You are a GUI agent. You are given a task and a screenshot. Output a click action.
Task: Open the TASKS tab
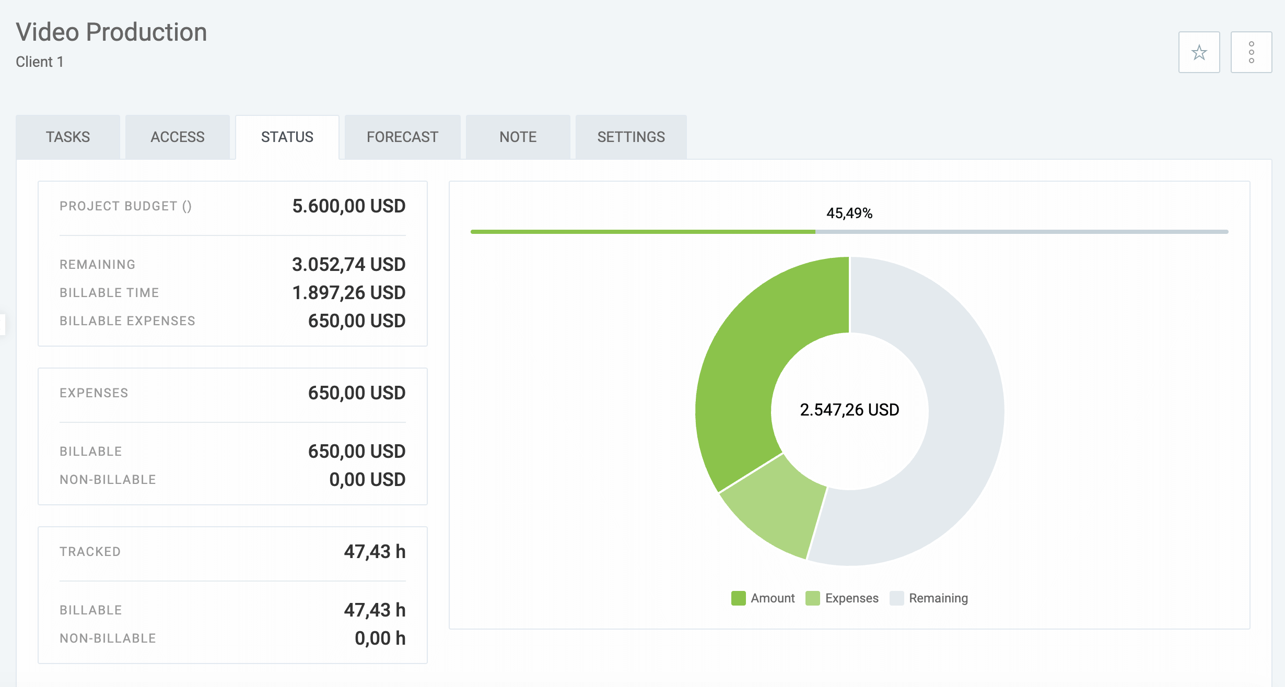[68, 137]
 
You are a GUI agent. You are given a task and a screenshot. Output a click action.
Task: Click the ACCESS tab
[178, 137]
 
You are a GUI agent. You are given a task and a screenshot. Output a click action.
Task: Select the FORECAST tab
[402, 137]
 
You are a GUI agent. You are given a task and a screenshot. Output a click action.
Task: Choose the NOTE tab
[518, 137]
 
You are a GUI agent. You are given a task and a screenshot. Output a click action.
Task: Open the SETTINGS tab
[631, 137]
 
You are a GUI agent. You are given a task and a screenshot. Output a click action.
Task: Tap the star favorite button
[1199, 52]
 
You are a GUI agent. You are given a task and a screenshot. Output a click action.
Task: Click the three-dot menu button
[1251, 52]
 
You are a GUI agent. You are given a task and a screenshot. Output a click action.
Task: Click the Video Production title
[111, 32]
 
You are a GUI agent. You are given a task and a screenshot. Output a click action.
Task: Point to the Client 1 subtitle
[40, 62]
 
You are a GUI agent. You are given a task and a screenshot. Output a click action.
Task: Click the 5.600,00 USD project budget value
[348, 206]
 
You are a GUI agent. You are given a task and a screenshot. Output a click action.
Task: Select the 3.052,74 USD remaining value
[348, 265]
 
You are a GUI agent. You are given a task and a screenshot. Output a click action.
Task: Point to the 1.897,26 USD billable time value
[348, 293]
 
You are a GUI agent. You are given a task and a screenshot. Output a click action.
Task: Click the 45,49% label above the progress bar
[849, 213]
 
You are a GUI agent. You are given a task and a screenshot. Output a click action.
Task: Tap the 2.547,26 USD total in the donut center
[849, 410]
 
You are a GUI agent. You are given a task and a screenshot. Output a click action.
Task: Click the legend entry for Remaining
[929, 598]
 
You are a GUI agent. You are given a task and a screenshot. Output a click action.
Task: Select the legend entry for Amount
[763, 598]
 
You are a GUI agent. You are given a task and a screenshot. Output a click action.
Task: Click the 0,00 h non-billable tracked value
[380, 638]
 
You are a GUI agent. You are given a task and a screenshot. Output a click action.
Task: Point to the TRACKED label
[90, 552]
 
